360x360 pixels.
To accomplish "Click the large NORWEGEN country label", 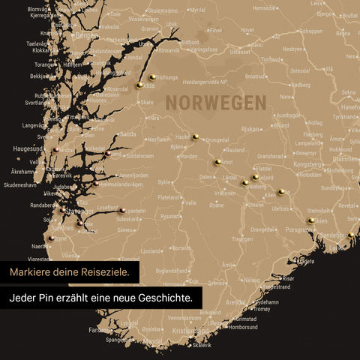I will tap(215, 102).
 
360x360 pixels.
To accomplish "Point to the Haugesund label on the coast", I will tap(28, 148).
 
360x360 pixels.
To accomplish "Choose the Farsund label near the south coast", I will tap(100, 329).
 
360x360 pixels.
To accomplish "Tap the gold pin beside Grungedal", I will tap(195, 136).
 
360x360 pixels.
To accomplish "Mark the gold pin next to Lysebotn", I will tap(121, 211).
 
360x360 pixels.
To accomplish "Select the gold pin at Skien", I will tap(310, 220).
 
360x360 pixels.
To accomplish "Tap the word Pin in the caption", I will tap(56, 298).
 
